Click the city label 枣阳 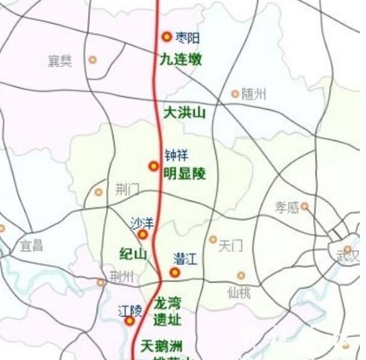point(188,38)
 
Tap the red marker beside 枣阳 point(166,37)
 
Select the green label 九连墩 point(181,60)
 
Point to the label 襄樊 point(60,61)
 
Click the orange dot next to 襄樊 point(92,60)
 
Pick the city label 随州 point(254,94)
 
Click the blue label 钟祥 point(176,154)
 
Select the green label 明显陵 point(185,173)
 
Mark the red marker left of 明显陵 point(154,166)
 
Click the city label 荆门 point(127,189)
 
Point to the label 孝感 point(287,207)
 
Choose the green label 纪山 point(133,254)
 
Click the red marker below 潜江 point(175,273)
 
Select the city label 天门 point(230,246)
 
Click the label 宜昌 point(31,245)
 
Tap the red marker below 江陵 point(129,321)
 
